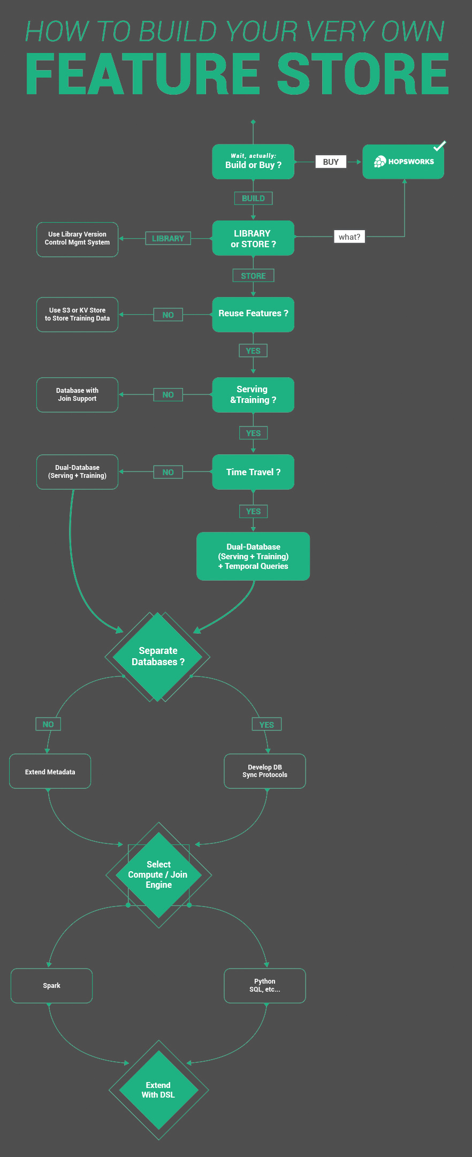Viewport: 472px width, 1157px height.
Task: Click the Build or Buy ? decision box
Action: [x=253, y=162]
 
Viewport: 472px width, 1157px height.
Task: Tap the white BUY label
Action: [x=331, y=162]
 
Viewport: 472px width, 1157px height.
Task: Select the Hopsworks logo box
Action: [x=403, y=162]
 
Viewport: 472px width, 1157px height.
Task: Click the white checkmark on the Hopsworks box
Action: [x=439, y=146]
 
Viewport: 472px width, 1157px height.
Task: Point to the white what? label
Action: [x=349, y=237]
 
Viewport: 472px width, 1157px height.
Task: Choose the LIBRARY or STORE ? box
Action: [x=253, y=238]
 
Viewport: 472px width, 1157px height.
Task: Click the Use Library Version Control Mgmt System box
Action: [x=77, y=239]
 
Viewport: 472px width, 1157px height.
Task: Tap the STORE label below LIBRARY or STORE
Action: [x=253, y=276]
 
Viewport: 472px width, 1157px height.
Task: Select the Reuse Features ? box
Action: [x=253, y=314]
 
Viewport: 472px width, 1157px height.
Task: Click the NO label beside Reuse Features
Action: [x=168, y=315]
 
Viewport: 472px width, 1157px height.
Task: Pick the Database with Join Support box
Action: [x=77, y=395]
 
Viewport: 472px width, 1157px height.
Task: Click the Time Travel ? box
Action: [x=253, y=472]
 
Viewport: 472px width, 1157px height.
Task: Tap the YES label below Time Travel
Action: [x=253, y=511]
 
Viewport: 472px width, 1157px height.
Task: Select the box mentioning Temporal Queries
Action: [x=253, y=557]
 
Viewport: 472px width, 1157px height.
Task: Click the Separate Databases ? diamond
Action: [x=157, y=657]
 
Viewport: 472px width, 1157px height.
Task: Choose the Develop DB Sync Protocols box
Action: [x=265, y=771]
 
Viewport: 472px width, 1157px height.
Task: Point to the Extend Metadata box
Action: [x=50, y=771]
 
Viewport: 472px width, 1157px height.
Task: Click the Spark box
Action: [x=51, y=986]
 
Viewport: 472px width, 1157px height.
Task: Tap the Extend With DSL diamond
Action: [x=158, y=1090]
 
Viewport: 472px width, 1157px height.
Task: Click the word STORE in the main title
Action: [x=362, y=74]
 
